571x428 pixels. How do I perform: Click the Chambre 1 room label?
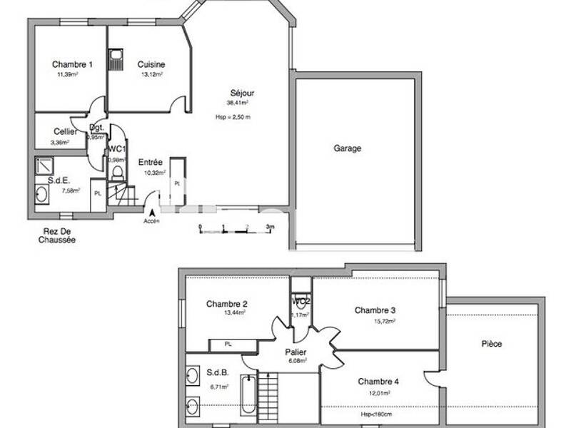[x=72, y=65]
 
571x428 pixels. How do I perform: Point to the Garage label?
[x=348, y=149]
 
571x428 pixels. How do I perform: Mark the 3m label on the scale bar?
[x=270, y=228]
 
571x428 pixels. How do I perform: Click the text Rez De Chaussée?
[x=57, y=236]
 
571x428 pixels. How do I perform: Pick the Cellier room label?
[x=66, y=132]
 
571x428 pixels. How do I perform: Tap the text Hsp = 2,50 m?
[x=233, y=117]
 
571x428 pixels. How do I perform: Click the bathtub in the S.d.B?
[x=248, y=394]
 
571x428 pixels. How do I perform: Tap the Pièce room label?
[x=491, y=344]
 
